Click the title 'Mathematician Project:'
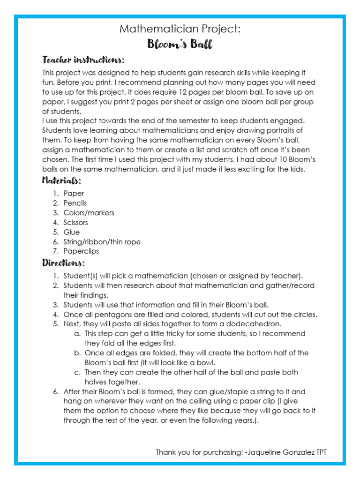180,29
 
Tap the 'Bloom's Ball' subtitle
180,45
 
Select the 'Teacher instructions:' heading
83,60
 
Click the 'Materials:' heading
61,180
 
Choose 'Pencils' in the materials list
75,203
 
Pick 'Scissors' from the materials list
75,223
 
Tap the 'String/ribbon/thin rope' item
102,242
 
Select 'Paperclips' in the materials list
81,251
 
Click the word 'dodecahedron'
256,324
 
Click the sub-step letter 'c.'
77,372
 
